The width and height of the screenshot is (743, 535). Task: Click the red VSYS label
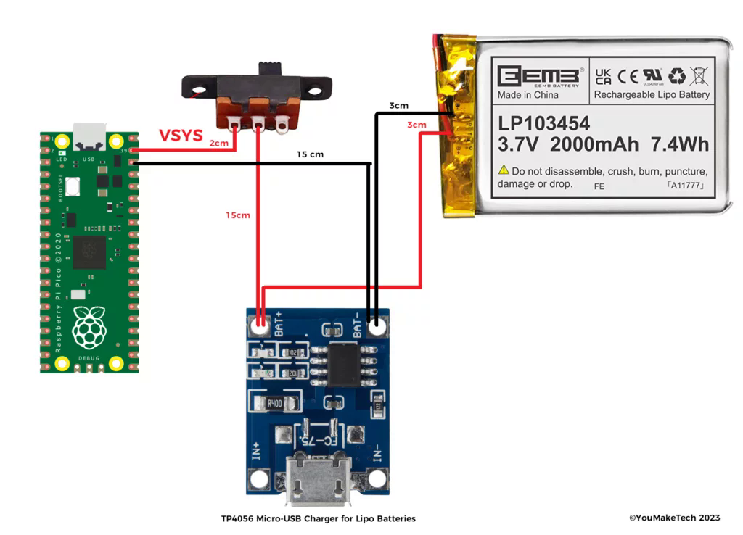point(181,136)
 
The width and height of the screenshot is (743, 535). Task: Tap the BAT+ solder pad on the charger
point(259,326)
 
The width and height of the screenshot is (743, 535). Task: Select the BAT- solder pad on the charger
point(376,326)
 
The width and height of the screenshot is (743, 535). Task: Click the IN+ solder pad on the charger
point(259,478)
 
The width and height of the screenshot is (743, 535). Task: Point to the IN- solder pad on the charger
point(377,478)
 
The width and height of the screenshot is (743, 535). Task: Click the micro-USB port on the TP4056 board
point(318,479)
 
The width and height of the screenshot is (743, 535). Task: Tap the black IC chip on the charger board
point(345,364)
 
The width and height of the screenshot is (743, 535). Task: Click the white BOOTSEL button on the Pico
point(73,188)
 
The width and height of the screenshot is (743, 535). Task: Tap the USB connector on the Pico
point(89,135)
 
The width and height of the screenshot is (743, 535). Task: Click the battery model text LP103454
point(543,123)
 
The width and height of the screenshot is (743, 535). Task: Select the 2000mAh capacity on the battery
point(594,144)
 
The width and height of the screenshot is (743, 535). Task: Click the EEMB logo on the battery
point(539,76)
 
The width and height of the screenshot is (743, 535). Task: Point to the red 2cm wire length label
point(218,143)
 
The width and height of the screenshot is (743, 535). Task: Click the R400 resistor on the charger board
point(274,402)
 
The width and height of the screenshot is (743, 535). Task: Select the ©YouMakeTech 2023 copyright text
point(674,518)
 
